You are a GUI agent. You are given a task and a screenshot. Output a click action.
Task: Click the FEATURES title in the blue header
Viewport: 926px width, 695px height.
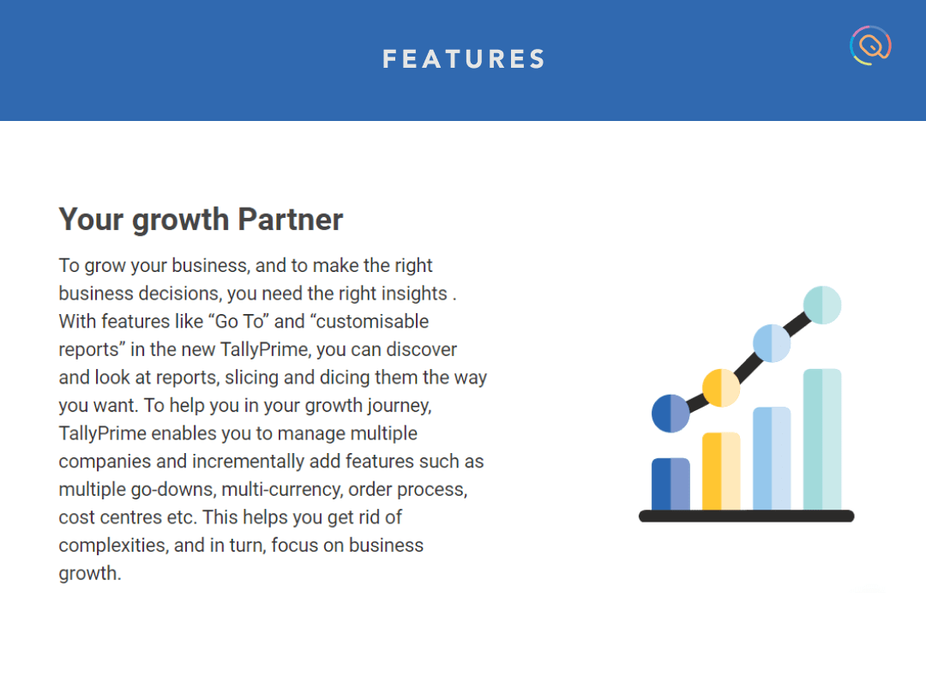(464, 59)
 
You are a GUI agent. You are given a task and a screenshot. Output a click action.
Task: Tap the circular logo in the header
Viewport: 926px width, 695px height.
(870, 45)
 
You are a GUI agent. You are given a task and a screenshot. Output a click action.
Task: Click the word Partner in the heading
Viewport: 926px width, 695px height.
(290, 220)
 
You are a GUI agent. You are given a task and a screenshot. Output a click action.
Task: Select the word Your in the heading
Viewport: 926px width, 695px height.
(91, 220)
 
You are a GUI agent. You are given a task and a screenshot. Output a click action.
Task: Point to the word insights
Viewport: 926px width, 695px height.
(414, 293)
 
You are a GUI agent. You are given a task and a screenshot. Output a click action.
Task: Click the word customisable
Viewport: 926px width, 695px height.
(372, 322)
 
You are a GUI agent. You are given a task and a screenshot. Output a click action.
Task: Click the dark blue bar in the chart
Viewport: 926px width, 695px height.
(670, 484)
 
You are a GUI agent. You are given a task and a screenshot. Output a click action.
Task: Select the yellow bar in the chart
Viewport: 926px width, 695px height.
(721, 471)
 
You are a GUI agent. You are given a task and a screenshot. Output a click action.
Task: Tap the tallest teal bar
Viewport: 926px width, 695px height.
(822, 439)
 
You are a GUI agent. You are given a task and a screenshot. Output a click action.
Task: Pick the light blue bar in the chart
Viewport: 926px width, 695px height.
(772, 458)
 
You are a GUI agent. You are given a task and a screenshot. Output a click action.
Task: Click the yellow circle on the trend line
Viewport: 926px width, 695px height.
(721, 388)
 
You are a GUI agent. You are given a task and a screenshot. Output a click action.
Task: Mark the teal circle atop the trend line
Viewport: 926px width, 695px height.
(822, 305)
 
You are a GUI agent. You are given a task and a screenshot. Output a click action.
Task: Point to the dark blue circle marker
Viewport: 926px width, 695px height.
(670, 414)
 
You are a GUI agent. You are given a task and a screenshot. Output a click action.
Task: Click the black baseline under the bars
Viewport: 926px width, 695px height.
(747, 516)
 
